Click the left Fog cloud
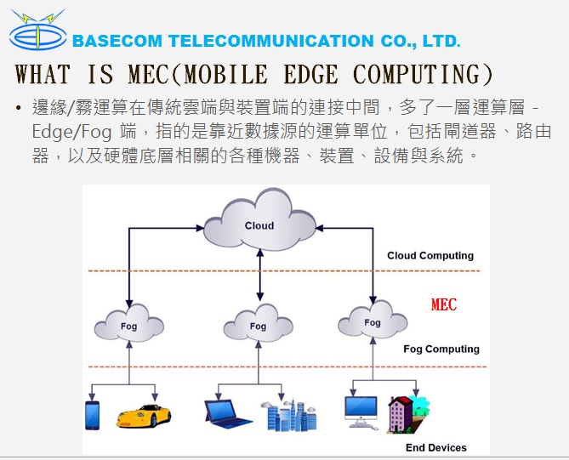click(128, 326)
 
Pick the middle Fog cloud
click(258, 326)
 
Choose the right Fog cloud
click(372, 322)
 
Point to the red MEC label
click(444, 304)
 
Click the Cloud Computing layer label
click(430, 256)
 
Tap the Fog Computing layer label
click(441, 349)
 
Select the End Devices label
click(435, 447)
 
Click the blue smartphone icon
click(93, 416)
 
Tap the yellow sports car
click(144, 417)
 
